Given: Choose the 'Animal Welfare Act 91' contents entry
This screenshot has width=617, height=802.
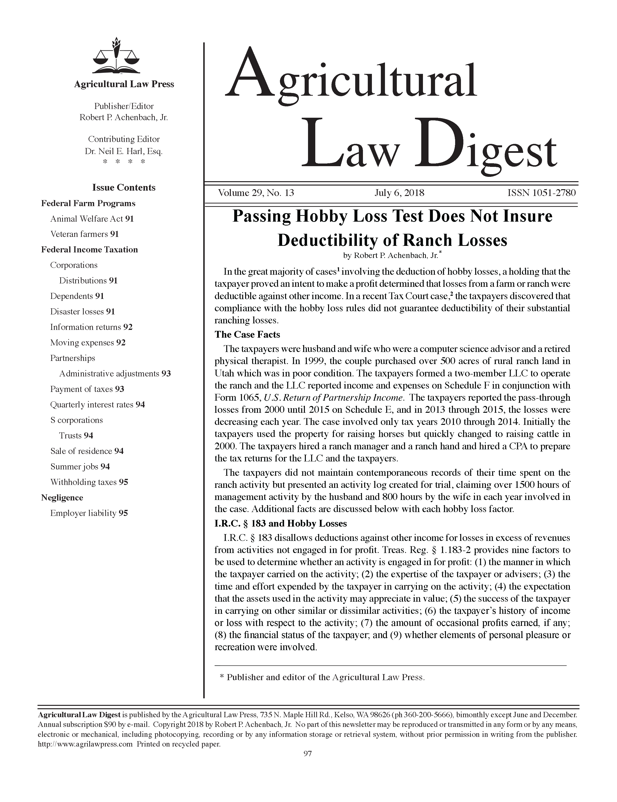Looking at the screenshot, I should pyautogui.click(x=92, y=219).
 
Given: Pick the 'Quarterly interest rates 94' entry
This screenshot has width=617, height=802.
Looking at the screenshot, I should pyautogui.click(x=97, y=405).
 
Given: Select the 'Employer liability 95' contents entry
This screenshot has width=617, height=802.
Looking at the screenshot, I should pyautogui.click(x=89, y=513).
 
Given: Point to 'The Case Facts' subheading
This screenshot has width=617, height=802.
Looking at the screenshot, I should pyautogui.click(x=247, y=335).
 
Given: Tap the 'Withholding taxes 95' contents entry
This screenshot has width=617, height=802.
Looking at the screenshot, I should pyautogui.click(x=89, y=482).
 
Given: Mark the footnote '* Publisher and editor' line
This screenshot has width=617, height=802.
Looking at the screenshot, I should pyautogui.click(x=322, y=677).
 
